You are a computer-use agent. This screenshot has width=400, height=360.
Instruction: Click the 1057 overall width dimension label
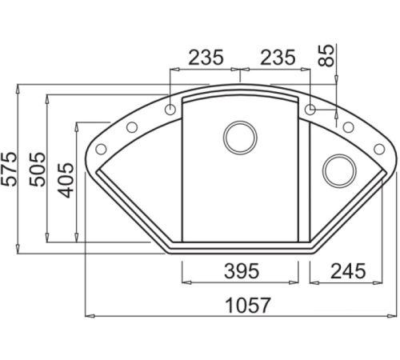tap(248, 306)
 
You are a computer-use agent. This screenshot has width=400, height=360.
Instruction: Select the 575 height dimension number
tap(9, 169)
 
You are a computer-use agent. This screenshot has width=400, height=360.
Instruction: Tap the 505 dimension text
tap(37, 169)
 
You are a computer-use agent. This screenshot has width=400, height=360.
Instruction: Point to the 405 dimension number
tap(66, 180)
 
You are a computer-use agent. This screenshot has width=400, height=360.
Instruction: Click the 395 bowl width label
tap(242, 271)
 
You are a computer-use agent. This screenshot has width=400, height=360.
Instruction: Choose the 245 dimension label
tap(348, 271)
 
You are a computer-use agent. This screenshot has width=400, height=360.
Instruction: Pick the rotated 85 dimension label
tap(326, 55)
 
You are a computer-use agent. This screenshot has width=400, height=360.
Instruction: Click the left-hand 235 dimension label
tap(206, 58)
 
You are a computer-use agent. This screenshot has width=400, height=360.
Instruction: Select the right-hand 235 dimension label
tap(278, 58)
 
